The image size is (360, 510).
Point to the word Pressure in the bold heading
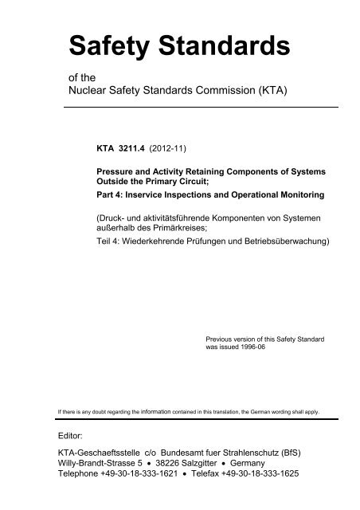click(116, 170)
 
